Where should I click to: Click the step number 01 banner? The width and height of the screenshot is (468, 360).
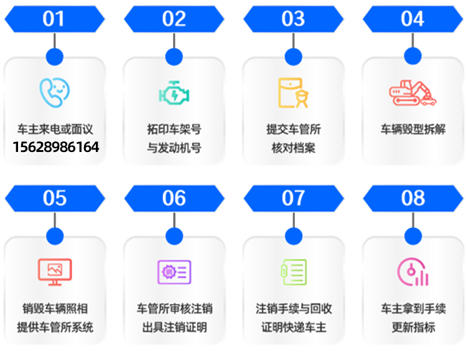click(54, 19)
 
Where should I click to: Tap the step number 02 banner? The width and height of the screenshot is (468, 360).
click(174, 19)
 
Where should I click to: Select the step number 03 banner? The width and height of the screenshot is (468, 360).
click(293, 19)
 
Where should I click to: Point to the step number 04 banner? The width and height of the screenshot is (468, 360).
click(413, 19)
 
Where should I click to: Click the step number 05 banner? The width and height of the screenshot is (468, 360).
click(54, 199)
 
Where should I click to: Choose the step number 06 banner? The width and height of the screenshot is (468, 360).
click(174, 199)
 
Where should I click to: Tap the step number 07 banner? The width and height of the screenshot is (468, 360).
click(293, 199)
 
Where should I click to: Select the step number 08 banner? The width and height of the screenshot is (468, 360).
click(413, 199)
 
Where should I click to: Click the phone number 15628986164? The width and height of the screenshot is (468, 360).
click(55, 148)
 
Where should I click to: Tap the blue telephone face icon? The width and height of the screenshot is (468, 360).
click(55, 92)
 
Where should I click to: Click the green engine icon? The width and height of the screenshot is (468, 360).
click(174, 93)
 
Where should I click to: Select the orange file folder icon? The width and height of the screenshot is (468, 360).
click(293, 92)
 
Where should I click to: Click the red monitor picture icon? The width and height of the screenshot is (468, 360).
click(55, 272)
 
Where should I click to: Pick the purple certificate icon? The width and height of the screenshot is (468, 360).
click(174, 272)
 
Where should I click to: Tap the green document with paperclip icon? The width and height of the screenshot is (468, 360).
click(293, 272)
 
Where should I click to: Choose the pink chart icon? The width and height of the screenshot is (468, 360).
click(413, 272)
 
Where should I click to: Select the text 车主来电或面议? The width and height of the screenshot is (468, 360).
click(55, 130)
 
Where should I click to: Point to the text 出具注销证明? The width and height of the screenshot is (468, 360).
click(174, 327)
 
